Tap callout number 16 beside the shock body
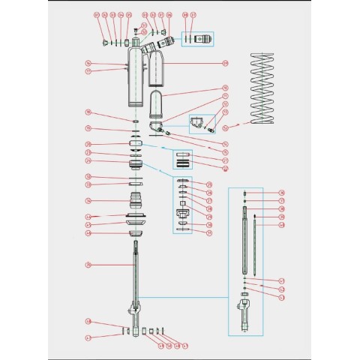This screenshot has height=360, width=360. [x=88, y=63]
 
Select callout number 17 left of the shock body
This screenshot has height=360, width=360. [x=88, y=72]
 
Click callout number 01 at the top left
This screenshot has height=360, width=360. [x=96, y=15]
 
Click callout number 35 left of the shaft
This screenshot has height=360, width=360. [x=88, y=264]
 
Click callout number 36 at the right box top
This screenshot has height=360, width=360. [x=281, y=193]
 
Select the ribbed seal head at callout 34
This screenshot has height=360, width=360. [x=136, y=201]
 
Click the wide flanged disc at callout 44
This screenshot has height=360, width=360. [x=136, y=220]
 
